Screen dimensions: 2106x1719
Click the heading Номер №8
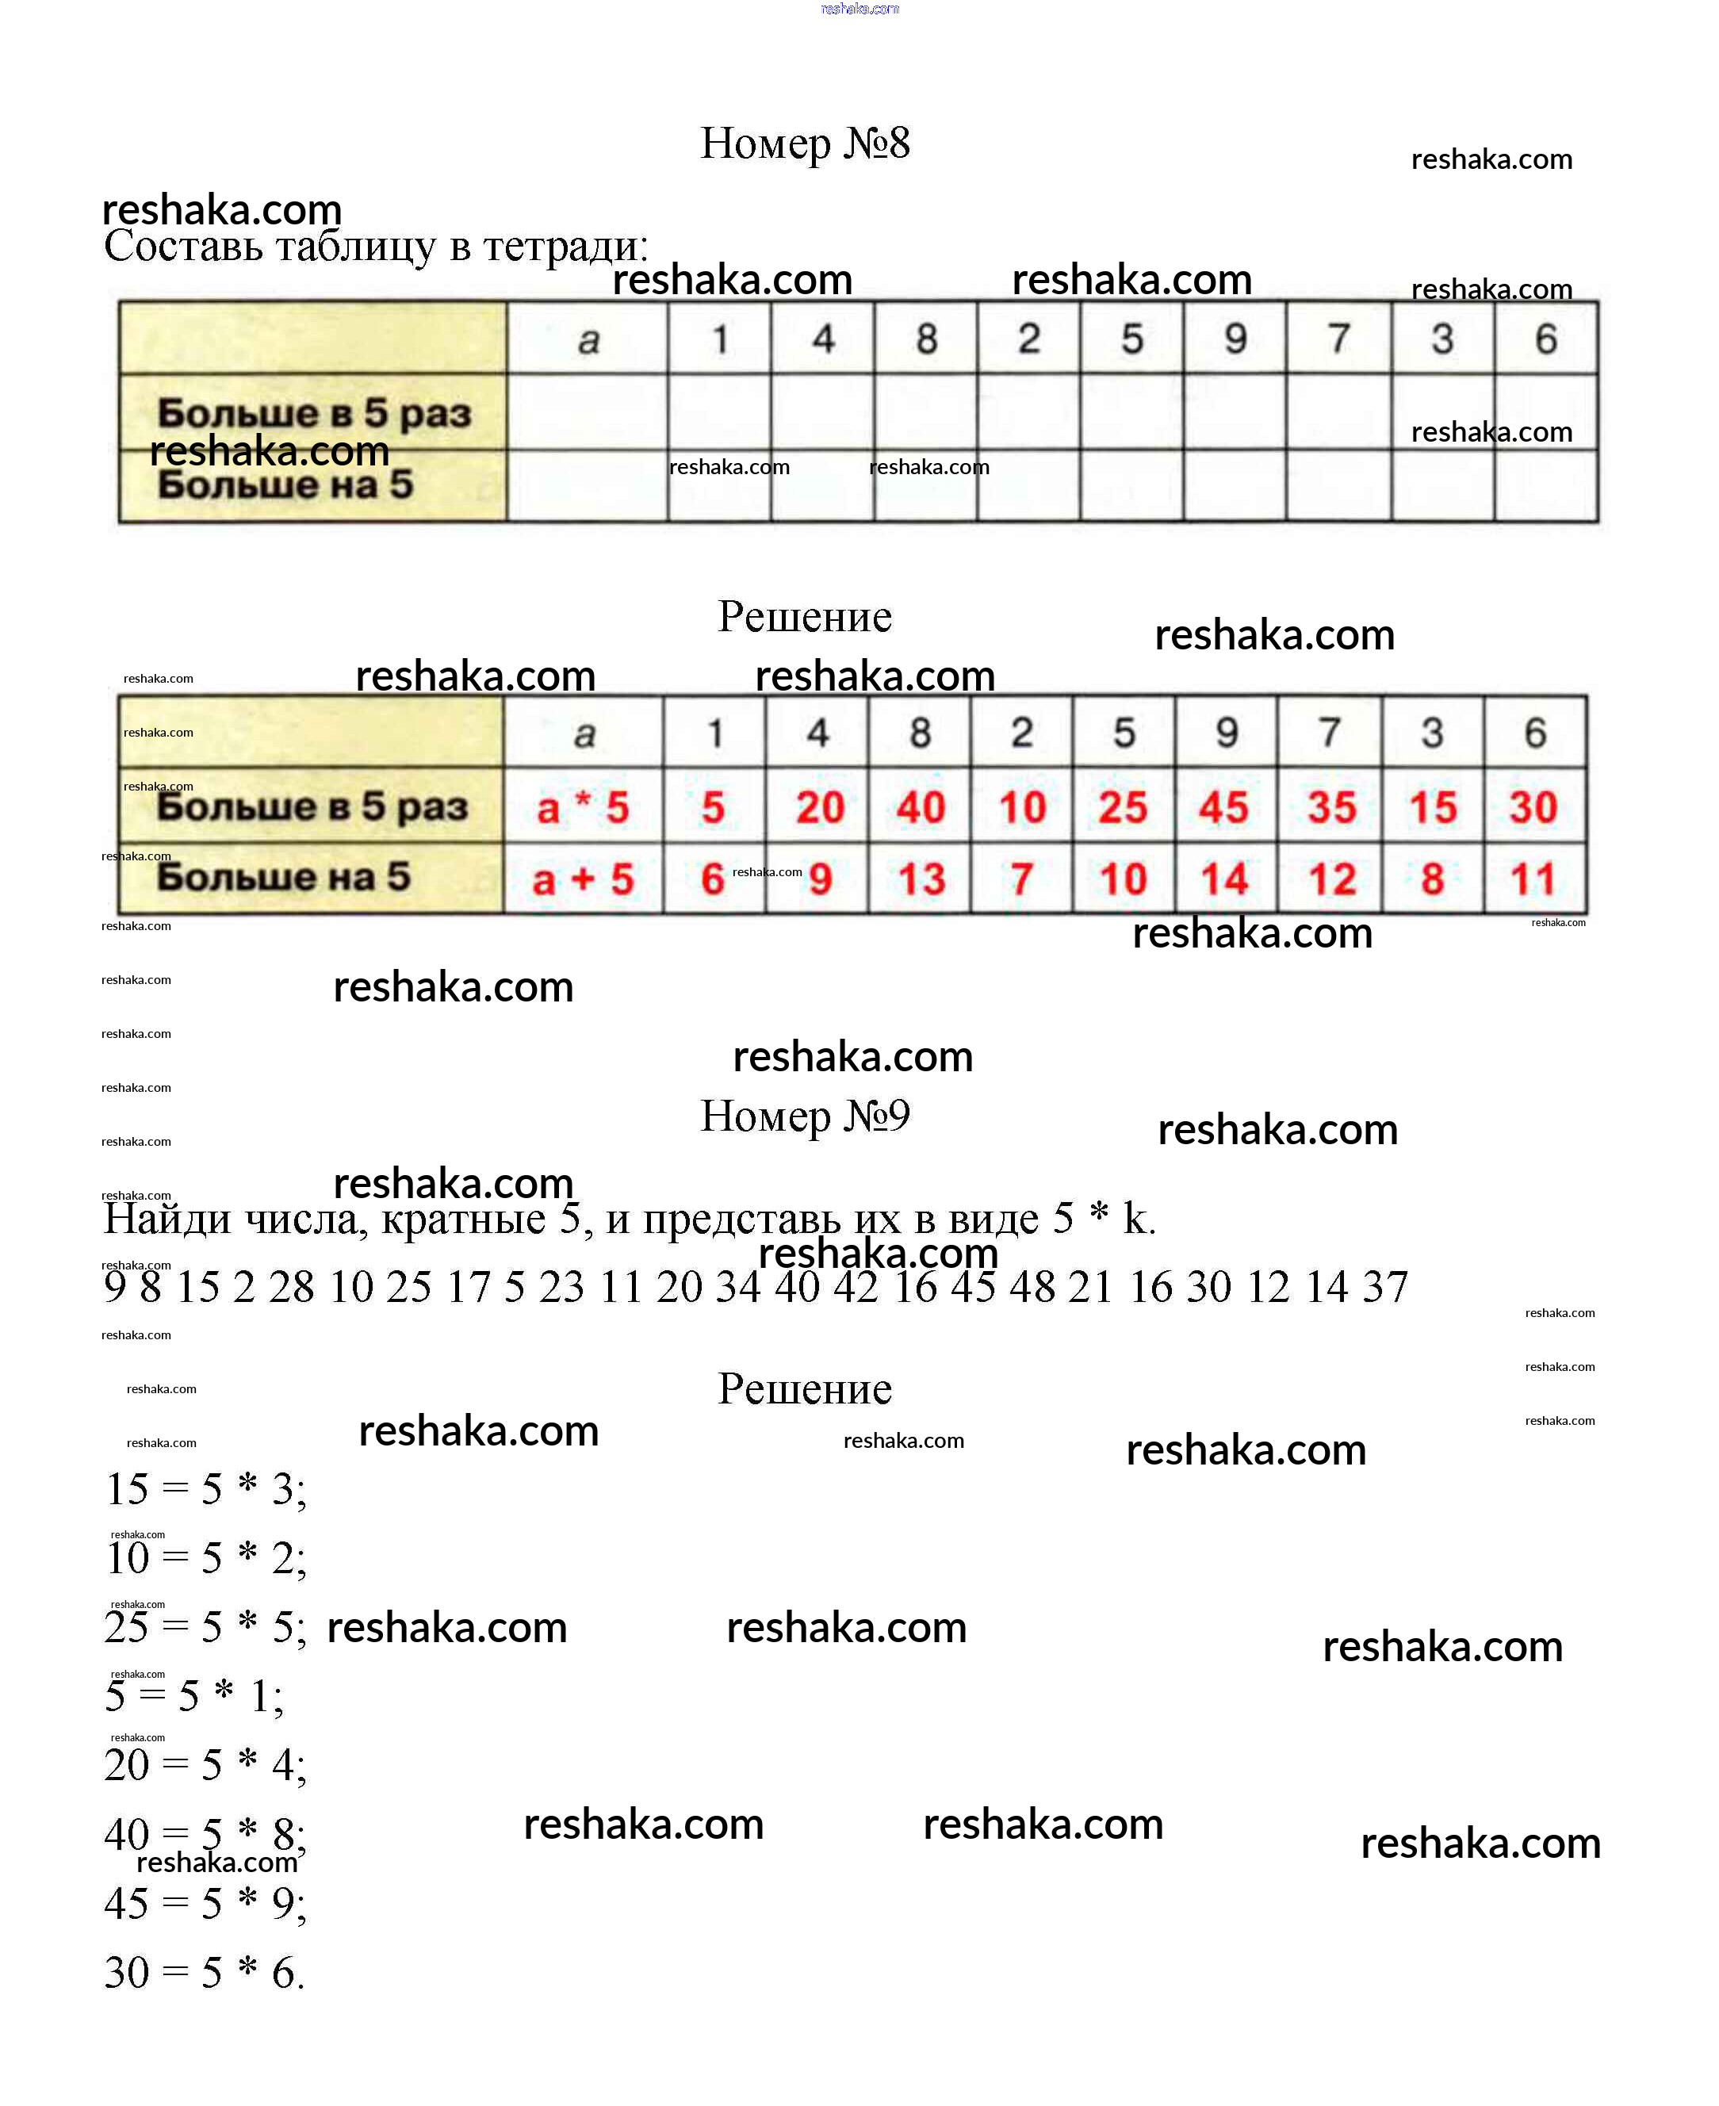[804, 144]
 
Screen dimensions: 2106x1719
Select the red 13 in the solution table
[921, 879]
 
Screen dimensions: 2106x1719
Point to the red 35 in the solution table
[1330, 808]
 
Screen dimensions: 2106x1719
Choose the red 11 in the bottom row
[1533, 879]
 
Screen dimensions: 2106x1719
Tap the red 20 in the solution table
[820, 808]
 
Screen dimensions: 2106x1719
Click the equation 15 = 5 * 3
[206, 1489]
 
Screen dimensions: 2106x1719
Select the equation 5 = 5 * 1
[194, 1696]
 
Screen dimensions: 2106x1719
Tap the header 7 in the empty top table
[1338, 339]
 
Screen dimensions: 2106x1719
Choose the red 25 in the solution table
[1122, 808]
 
